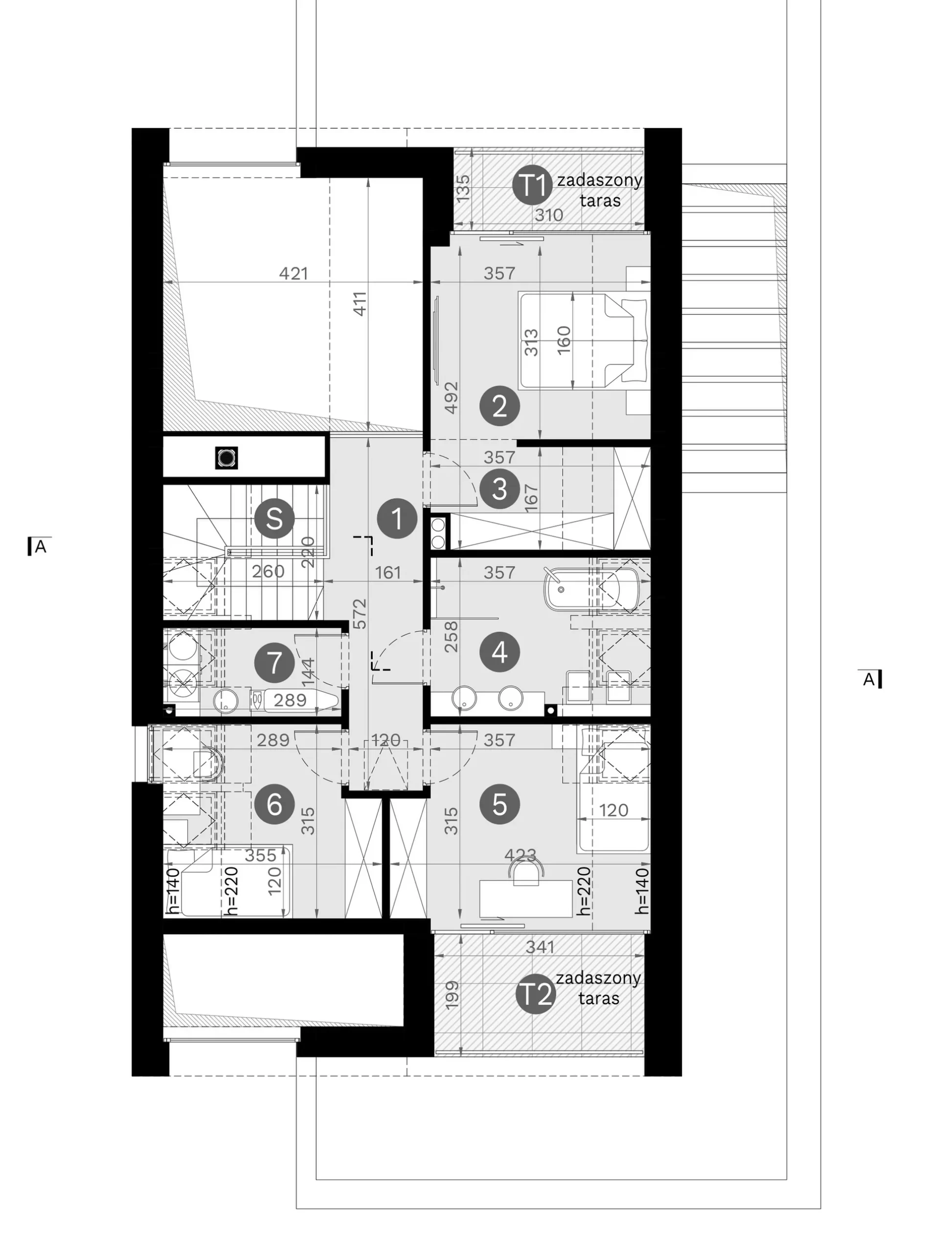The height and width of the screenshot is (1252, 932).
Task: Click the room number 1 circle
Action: point(397,518)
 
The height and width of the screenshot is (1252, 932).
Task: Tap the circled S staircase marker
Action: point(274,518)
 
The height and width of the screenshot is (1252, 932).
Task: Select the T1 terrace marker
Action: point(532,185)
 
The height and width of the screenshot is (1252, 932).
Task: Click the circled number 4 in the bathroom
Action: point(500,652)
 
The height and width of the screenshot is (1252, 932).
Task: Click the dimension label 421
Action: point(294,273)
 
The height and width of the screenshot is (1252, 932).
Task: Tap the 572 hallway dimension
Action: point(361,614)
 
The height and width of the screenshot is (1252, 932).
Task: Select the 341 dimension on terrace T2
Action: point(540,947)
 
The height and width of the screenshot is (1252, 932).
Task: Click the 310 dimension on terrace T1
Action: point(549,215)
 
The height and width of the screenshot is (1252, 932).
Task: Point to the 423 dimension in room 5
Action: point(521,854)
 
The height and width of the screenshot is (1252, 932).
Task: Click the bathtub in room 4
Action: point(591,589)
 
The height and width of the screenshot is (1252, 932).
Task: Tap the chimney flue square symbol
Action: point(226,457)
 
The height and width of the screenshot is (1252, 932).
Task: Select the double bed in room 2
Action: point(583,341)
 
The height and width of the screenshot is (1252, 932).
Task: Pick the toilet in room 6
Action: point(207,763)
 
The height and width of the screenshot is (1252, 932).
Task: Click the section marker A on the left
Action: point(37,546)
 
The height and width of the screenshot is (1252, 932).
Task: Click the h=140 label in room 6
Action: point(173,891)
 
